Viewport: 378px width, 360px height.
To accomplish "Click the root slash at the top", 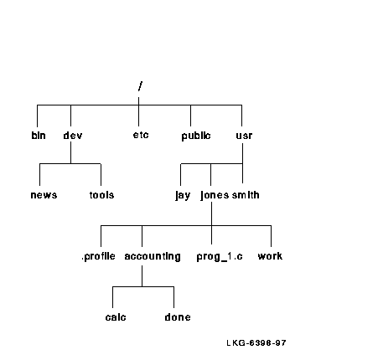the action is (x=140, y=86).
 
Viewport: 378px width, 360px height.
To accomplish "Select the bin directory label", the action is (x=39, y=136).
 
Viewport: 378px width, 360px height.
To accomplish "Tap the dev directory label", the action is (x=73, y=136).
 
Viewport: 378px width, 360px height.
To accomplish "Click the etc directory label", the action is (x=141, y=135).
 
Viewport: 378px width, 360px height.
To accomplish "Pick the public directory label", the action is (x=196, y=136).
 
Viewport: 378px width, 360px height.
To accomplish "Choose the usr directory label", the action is (x=244, y=136).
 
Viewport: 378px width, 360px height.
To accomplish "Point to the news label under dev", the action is (x=44, y=195).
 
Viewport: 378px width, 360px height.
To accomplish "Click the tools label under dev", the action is (x=101, y=195).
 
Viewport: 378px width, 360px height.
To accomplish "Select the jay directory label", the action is (x=183, y=195).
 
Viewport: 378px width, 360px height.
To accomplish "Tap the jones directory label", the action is (x=215, y=195).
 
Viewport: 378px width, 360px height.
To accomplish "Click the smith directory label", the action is (x=246, y=195).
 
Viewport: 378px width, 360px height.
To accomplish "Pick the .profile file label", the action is (x=98, y=256).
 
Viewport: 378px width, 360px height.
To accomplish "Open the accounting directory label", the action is (x=153, y=256).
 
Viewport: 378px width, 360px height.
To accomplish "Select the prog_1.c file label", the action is (x=220, y=257).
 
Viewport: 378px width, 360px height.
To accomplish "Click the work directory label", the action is (x=270, y=256).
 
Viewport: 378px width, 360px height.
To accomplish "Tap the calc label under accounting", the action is (x=116, y=317).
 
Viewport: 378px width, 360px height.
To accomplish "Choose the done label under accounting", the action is (x=178, y=317).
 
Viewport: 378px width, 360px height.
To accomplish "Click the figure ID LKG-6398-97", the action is (x=256, y=342).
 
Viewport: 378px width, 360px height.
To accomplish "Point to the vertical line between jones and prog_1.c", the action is (x=211, y=223).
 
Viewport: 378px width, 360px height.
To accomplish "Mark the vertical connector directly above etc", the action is (x=138, y=111).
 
